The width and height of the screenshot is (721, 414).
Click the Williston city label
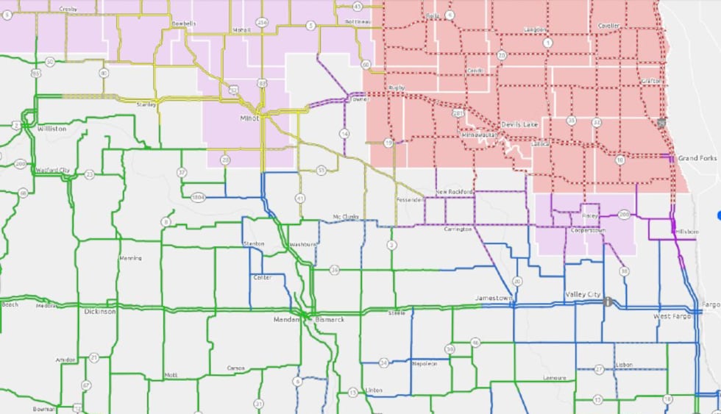(51, 129)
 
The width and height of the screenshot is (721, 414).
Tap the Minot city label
(250, 118)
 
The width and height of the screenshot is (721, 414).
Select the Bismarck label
(329, 320)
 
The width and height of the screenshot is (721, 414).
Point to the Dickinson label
(99, 312)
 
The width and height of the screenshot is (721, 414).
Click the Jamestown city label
(493, 298)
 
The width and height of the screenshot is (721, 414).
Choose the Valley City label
(583, 294)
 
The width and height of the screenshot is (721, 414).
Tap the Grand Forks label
(697, 158)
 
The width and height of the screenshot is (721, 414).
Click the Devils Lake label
(519, 124)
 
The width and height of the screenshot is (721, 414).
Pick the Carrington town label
(457, 229)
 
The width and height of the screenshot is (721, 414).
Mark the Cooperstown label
(587, 230)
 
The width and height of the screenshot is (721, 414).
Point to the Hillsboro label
(686, 231)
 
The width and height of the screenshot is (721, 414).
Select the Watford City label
(52, 171)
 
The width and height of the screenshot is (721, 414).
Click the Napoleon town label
(425, 363)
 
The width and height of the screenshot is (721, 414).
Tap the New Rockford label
(454, 192)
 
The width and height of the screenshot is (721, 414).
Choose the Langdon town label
(535, 29)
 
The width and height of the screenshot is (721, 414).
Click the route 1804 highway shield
(196, 197)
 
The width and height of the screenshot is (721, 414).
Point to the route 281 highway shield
(458, 114)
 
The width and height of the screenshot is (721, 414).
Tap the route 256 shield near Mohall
(263, 23)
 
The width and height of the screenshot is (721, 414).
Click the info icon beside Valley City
(608, 301)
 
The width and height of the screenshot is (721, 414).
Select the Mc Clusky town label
(345, 217)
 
